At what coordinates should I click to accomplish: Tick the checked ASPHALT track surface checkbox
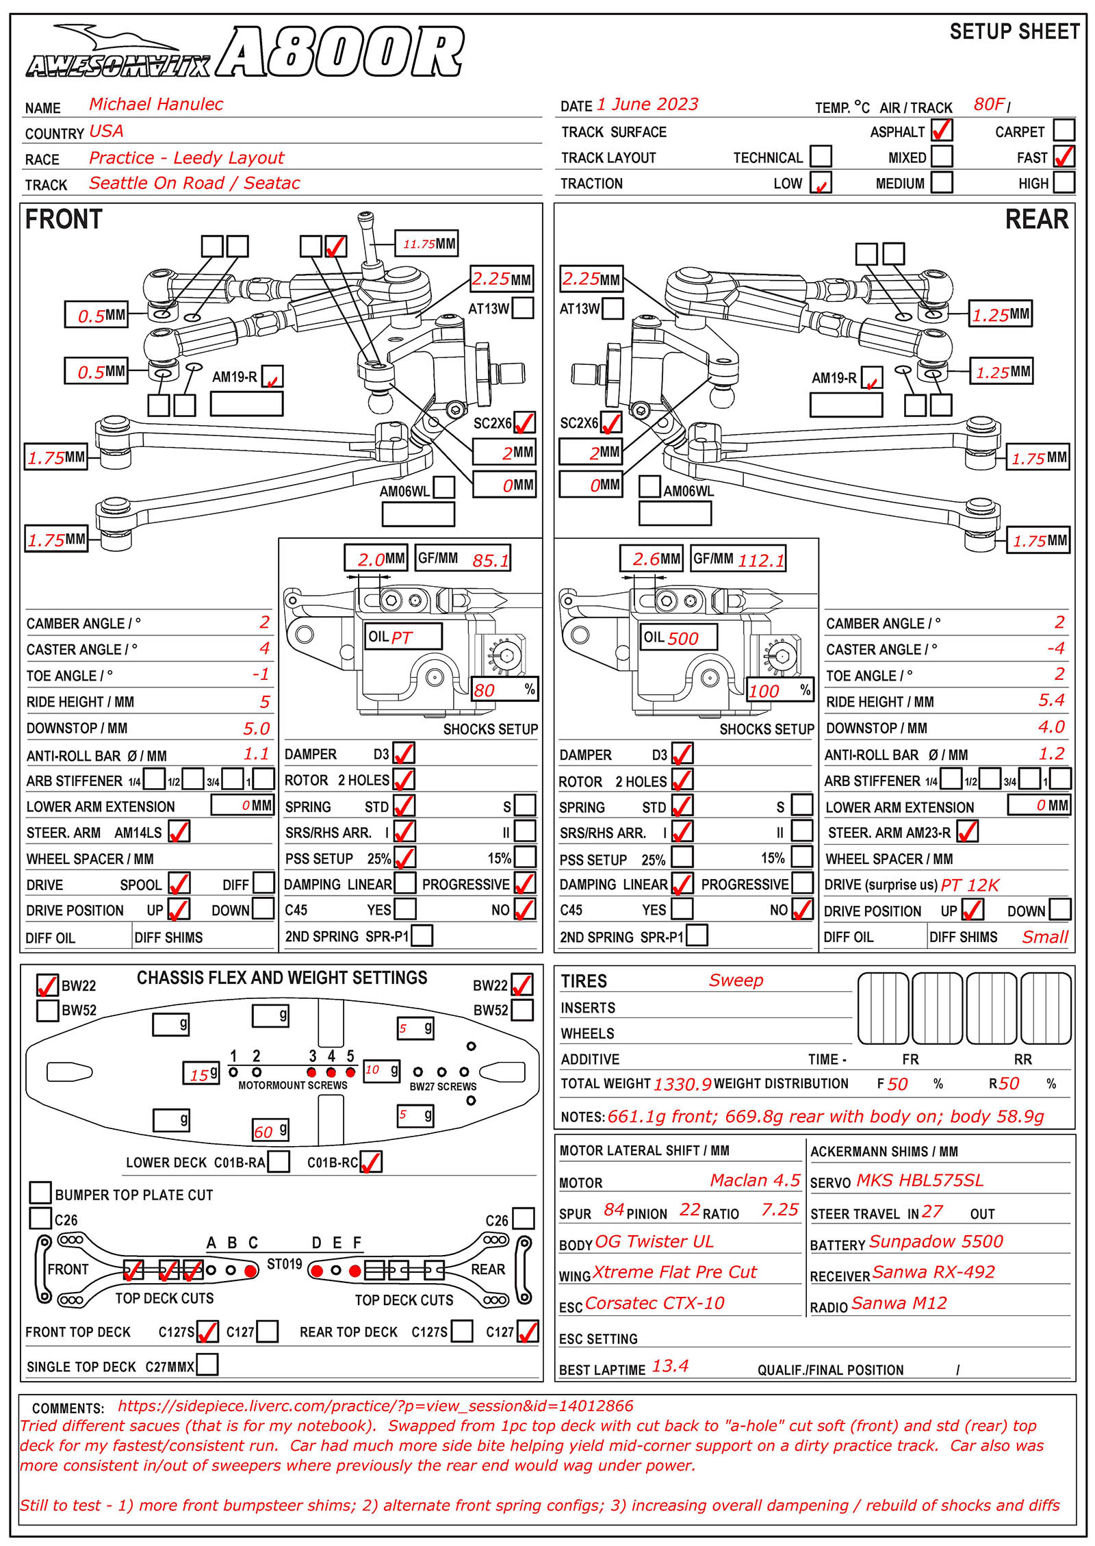pyautogui.click(x=941, y=130)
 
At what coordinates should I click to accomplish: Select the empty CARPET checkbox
pyautogui.click(x=1063, y=130)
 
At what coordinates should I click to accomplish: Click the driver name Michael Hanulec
pyautogui.click(x=156, y=104)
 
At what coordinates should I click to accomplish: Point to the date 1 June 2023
pyautogui.click(x=647, y=104)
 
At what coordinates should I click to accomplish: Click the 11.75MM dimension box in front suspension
pyautogui.click(x=427, y=244)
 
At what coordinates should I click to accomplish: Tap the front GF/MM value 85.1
pyautogui.click(x=490, y=560)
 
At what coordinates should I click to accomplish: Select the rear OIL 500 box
pyautogui.click(x=678, y=637)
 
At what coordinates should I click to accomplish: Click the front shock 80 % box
pyautogui.click(x=504, y=689)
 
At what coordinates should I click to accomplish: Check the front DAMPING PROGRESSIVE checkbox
pyautogui.click(x=524, y=883)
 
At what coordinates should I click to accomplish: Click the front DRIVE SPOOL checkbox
pyautogui.click(x=179, y=883)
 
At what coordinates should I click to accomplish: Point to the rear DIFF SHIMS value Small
pyautogui.click(x=1044, y=937)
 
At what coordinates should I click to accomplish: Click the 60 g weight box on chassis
pyautogui.click(x=270, y=1130)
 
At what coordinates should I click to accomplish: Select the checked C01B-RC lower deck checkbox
pyautogui.click(x=370, y=1162)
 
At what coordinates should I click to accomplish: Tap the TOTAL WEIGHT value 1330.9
pyautogui.click(x=682, y=1084)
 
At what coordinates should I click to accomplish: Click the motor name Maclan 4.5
pyautogui.click(x=754, y=1180)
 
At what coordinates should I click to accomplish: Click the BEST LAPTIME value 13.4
pyautogui.click(x=670, y=1367)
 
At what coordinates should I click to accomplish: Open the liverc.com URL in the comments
pyautogui.click(x=375, y=1406)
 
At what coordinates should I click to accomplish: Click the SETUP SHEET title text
pyautogui.click(x=1014, y=31)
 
